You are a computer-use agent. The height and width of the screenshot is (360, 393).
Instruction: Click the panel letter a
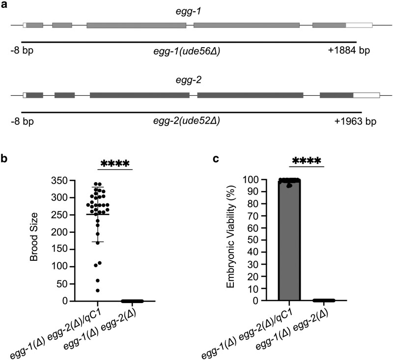click(x=4, y=5)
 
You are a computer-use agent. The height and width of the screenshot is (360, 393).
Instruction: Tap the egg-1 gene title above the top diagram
click(x=189, y=12)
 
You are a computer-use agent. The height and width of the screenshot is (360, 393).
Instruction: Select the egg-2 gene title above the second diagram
click(x=189, y=80)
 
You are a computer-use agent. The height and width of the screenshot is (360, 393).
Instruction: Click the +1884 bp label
click(x=349, y=51)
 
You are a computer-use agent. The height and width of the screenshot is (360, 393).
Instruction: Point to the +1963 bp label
click(x=355, y=121)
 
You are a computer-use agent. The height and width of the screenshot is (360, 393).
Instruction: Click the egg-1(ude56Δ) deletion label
click(x=187, y=52)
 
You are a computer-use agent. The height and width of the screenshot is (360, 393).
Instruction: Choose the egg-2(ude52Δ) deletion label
click(x=187, y=121)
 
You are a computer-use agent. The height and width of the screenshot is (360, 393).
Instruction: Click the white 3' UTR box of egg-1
click(x=359, y=25)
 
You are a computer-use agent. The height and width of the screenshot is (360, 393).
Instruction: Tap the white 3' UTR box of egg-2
click(x=366, y=95)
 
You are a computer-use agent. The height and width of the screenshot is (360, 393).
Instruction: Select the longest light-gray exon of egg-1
click(x=247, y=25)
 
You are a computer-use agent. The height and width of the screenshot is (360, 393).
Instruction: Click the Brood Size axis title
click(x=33, y=237)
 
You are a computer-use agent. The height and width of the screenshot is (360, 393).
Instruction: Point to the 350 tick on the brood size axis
click(x=73, y=180)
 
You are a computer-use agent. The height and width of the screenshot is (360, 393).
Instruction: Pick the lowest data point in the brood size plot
click(x=97, y=291)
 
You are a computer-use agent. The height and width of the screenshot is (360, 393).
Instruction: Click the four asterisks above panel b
click(x=115, y=164)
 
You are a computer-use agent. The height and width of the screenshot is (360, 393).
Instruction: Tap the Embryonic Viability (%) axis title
click(x=230, y=237)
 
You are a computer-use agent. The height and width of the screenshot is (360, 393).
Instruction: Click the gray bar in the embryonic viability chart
click(x=289, y=240)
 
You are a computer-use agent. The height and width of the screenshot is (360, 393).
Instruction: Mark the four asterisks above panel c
click(x=307, y=161)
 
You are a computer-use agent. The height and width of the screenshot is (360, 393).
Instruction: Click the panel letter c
click(x=216, y=159)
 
